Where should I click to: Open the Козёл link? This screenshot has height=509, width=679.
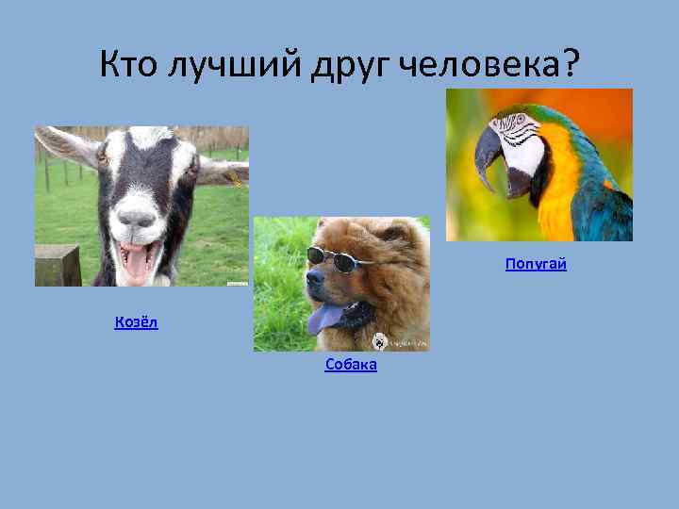point(136,322)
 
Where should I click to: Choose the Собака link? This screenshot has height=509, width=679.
point(351,365)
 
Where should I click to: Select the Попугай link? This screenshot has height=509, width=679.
point(536,264)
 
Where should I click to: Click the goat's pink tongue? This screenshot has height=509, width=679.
point(138,263)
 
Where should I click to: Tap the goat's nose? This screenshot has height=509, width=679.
point(137,219)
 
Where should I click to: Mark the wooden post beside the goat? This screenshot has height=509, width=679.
point(58,265)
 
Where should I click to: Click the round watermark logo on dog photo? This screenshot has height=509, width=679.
point(379,341)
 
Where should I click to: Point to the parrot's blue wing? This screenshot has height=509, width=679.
point(608,203)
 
